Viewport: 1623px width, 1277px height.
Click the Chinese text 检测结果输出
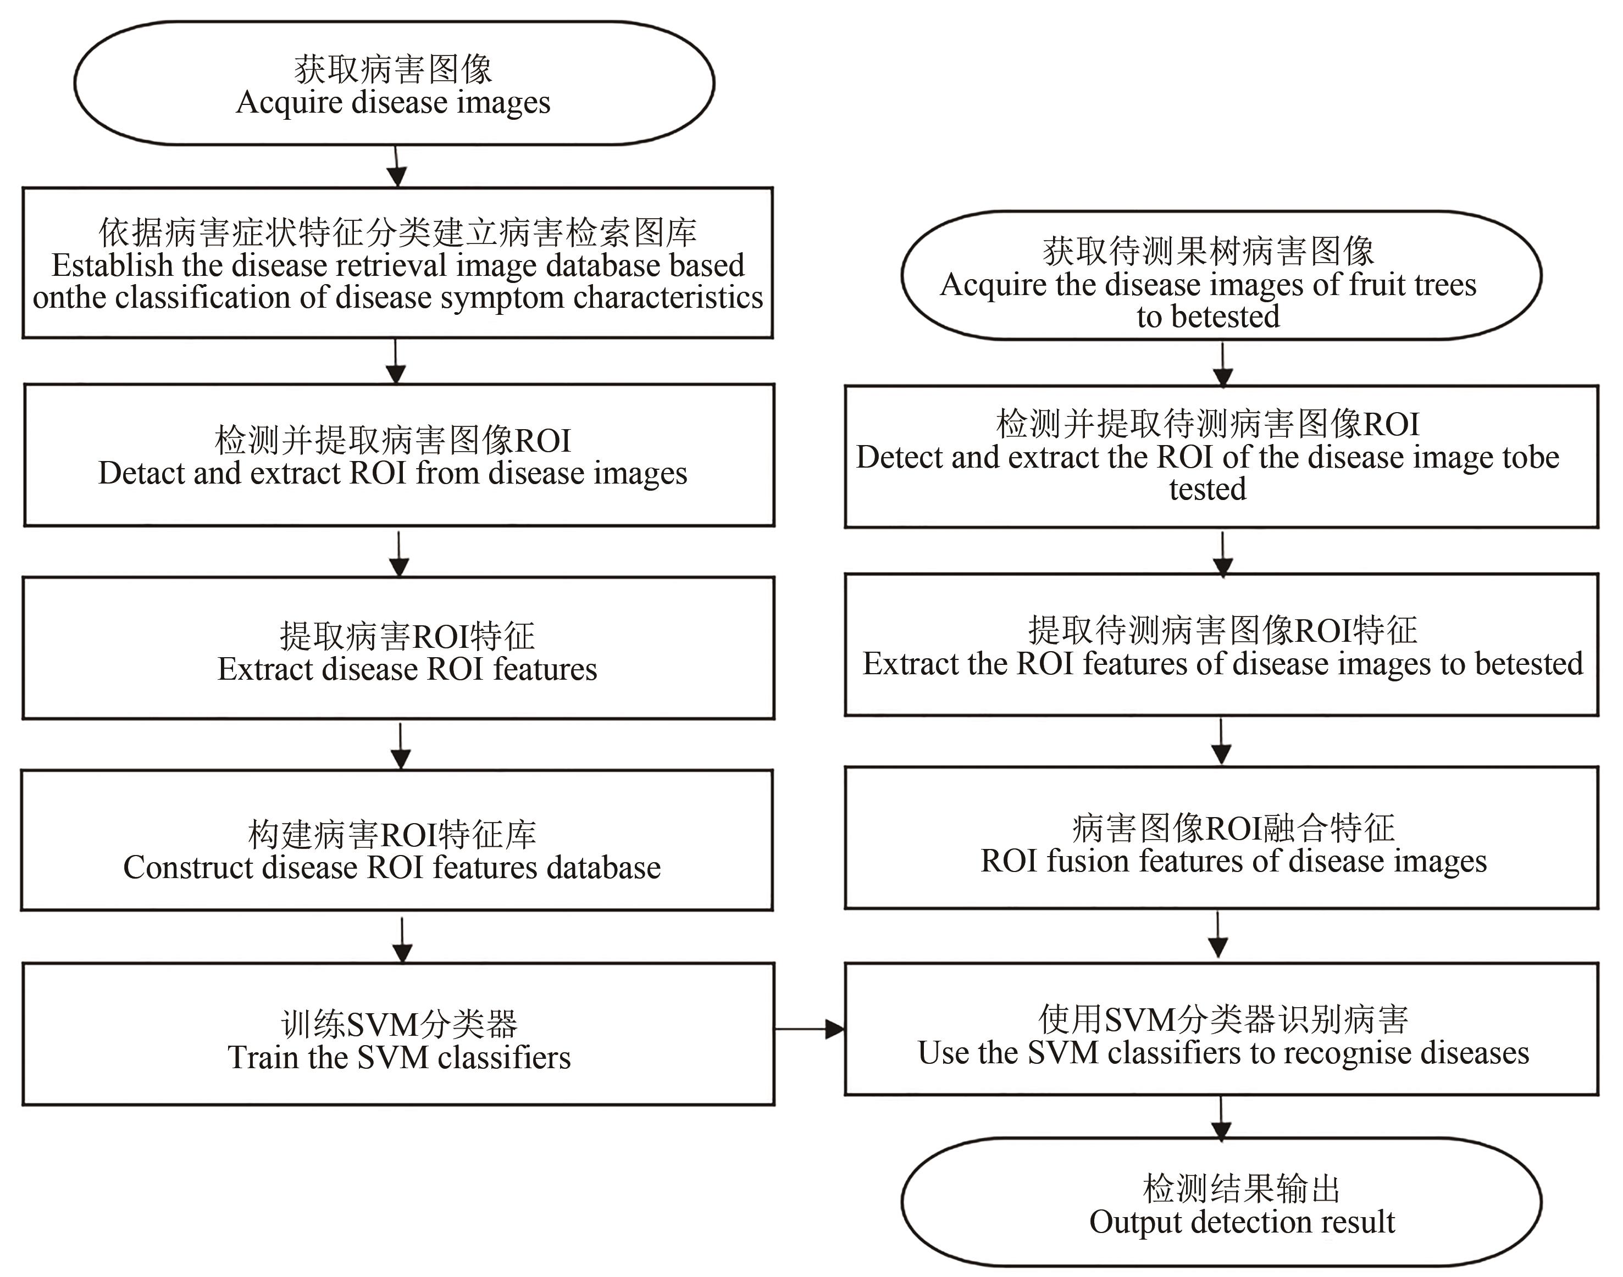point(1242,1188)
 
